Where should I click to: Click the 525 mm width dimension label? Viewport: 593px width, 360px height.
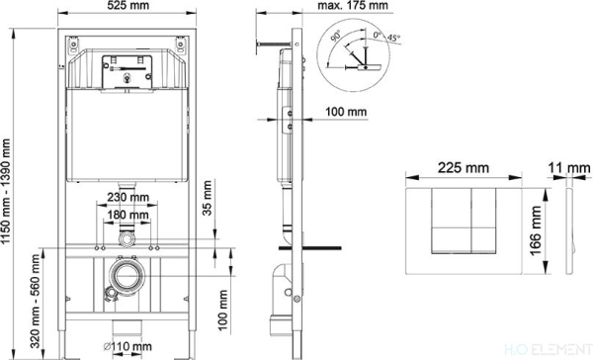(x=127, y=5)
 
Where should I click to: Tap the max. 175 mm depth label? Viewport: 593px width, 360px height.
(x=353, y=5)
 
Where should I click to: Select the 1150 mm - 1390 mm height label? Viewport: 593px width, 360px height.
(x=5, y=192)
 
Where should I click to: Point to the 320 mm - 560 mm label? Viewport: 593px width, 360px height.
(x=36, y=301)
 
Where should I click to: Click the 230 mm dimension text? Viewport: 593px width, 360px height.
(x=127, y=197)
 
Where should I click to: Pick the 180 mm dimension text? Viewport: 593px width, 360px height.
(x=127, y=215)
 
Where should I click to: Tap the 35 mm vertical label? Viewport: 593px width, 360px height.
(x=207, y=198)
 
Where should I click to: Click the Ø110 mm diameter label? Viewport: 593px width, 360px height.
(x=127, y=346)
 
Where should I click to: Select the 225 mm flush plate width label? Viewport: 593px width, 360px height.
(x=464, y=168)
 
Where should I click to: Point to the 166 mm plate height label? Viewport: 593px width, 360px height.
(x=536, y=230)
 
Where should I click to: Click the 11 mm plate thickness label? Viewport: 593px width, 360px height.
(x=569, y=168)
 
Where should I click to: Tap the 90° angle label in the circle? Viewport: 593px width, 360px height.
(x=336, y=37)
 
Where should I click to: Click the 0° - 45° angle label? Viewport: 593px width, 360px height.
(x=386, y=37)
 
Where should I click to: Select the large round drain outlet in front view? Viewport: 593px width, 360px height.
(x=127, y=276)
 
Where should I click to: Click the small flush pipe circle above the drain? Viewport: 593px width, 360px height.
(x=127, y=239)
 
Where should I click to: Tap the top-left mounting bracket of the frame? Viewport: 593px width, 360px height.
(x=73, y=45)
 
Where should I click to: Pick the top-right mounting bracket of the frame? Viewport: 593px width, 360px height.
(x=181, y=45)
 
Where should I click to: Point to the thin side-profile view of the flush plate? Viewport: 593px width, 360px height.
(x=570, y=230)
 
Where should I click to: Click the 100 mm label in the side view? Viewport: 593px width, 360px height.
(x=346, y=112)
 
